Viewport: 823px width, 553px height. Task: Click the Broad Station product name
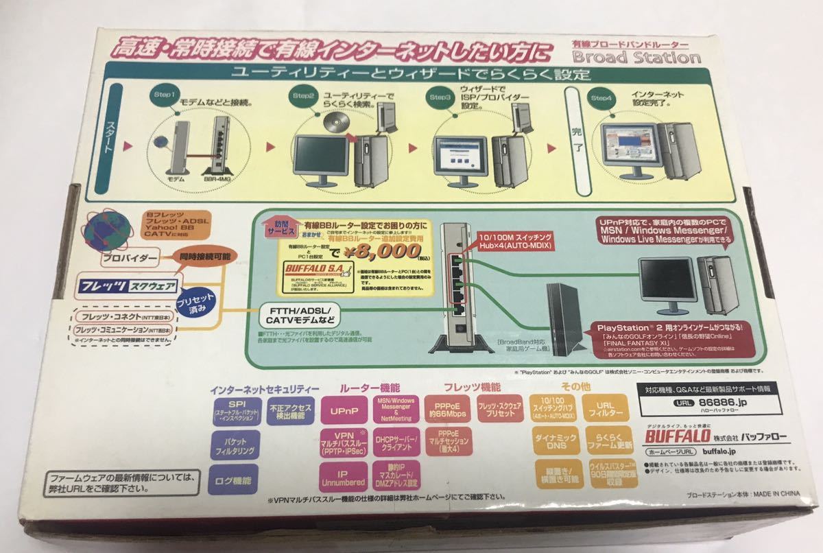pos(636,56)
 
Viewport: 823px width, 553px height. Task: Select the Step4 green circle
pos(601,98)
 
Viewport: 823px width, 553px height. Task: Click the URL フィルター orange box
pos(604,410)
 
